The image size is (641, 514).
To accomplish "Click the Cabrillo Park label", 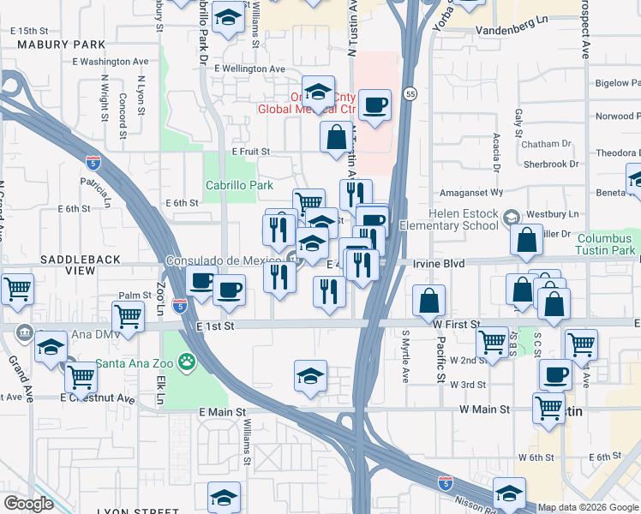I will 239,185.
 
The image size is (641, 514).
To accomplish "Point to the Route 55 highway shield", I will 410,93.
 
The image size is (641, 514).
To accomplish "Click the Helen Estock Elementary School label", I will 464,219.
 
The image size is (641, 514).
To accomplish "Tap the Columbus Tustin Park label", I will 608,244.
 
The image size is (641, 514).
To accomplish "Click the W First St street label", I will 456,325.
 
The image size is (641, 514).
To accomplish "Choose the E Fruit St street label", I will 251,151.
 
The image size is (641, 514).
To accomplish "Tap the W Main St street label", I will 484,410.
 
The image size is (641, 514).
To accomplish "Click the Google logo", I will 29,504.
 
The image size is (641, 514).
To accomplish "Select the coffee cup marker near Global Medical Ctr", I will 374,107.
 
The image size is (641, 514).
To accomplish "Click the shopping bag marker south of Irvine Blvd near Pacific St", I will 429,302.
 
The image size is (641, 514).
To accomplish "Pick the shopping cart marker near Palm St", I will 128,317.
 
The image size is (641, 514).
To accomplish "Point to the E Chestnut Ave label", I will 98,398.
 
